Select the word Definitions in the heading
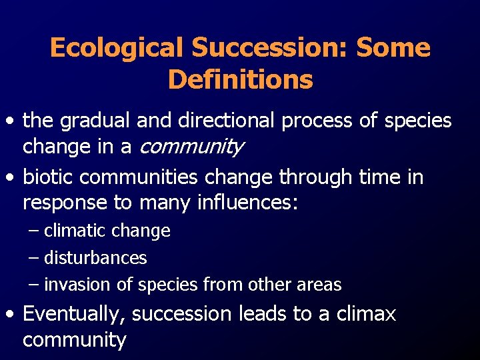[x=240, y=80]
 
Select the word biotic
[x=43, y=177]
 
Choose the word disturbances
[x=95, y=257]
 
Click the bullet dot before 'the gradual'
[x=10, y=122]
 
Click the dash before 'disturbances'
[x=35, y=257]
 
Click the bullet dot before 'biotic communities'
[x=10, y=178]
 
